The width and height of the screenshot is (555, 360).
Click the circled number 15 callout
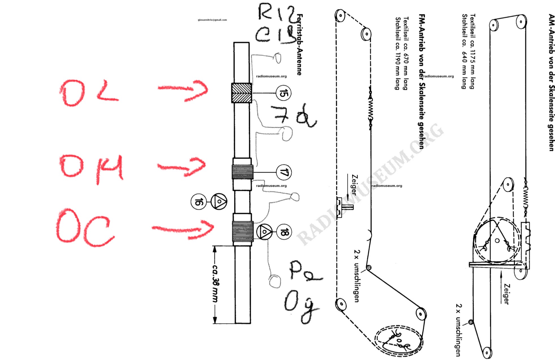pyautogui.click(x=283, y=93)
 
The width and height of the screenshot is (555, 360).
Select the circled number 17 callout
pyautogui.click(x=284, y=172)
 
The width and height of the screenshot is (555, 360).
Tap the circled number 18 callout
pyautogui.click(x=284, y=232)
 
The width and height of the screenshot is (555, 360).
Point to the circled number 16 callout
pyautogui.click(x=198, y=202)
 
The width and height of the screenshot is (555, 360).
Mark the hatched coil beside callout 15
pyautogui.click(x=241, y=93)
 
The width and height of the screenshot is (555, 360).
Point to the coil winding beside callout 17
pyautogui.click(x=242, y=172)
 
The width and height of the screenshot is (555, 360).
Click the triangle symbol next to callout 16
pyautogui.click(x=219, y=201)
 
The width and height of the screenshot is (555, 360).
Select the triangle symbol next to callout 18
pyautogui.click(x=264, y=232)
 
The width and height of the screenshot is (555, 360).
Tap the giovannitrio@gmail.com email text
pyautogui.click(x=212, y=20)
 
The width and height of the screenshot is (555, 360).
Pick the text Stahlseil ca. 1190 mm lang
pyautogui.click(x=398, y=54)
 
